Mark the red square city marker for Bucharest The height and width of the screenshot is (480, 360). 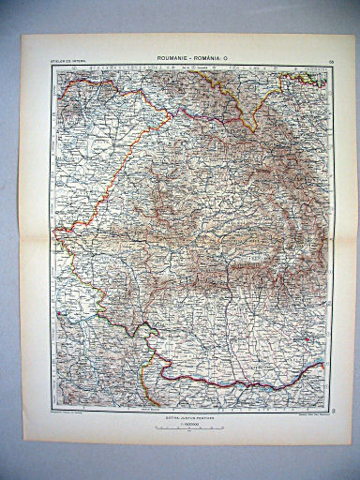point(301,338)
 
